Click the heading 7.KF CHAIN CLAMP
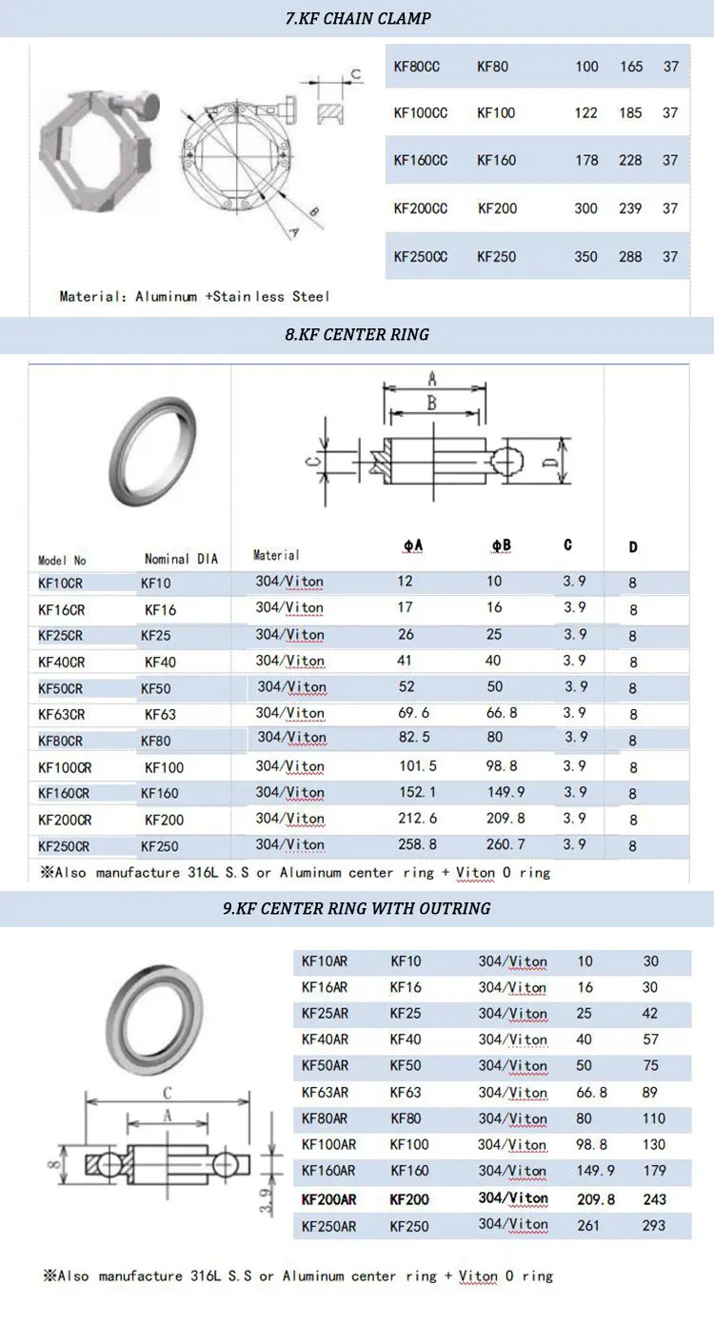[x=358, y=18]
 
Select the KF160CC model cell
[x=421, y=160]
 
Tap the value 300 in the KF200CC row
[x=585, y=208]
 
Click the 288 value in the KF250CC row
[x=630, y=256]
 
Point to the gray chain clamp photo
[x=98, y=152]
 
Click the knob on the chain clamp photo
[x=149, y=106]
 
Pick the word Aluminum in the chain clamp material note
[x=166, y=296]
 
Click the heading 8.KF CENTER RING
[x=357, y=334]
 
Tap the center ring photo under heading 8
[x=152, y=451]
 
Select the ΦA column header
[x=412, y=545]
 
